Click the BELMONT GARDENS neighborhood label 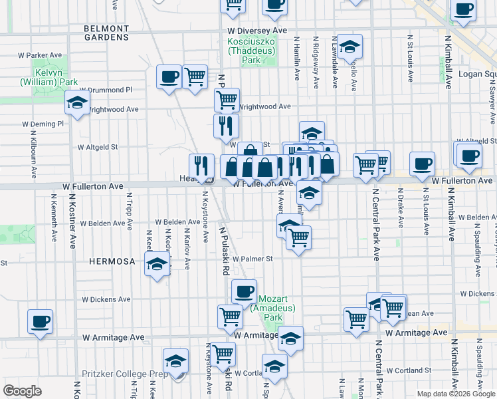[x=106, y=33]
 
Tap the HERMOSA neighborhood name [x=113, y=261]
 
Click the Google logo [x=23, y=390]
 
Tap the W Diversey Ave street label [x=256, y=31]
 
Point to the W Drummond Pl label [x=106, y=90]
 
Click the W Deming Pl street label [x=43, y=124]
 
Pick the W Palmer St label [x=252, y=259]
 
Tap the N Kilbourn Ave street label [x=33, y=154]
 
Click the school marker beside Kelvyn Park [x=78, y=103]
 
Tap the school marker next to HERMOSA [x=157, y=265]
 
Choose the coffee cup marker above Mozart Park [x=245, y=291]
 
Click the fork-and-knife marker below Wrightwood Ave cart [x=226, y=124]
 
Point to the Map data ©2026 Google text [x=456, y=394]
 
